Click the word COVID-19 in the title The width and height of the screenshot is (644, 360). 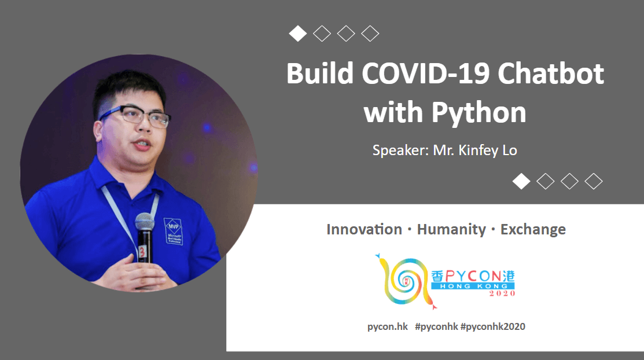coord(425,74)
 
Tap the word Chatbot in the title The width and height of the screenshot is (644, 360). coord(551,74)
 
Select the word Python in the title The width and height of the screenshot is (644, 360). coord(479,113)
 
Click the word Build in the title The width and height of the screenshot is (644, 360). coord(320,74)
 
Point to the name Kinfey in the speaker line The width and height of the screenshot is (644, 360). coord(479,150)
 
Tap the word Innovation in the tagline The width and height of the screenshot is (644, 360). coord(365,229)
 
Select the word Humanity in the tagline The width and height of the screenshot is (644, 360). coord(451,229)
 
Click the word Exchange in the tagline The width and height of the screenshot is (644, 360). coord(533,229)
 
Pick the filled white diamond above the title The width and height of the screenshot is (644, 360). coord(298,34)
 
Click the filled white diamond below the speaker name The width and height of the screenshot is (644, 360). coord(521,181)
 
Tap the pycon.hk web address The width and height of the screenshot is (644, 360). coord(387,326)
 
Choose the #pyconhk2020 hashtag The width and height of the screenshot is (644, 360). coord(493,326)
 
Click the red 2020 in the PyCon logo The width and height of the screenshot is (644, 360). coord(502,293)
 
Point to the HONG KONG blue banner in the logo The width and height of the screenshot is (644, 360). coord(473,286)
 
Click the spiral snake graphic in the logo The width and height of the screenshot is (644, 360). coord(404,281)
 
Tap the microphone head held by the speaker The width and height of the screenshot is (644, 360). coord(145,222)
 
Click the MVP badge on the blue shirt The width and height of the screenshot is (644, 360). coord(174,231)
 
